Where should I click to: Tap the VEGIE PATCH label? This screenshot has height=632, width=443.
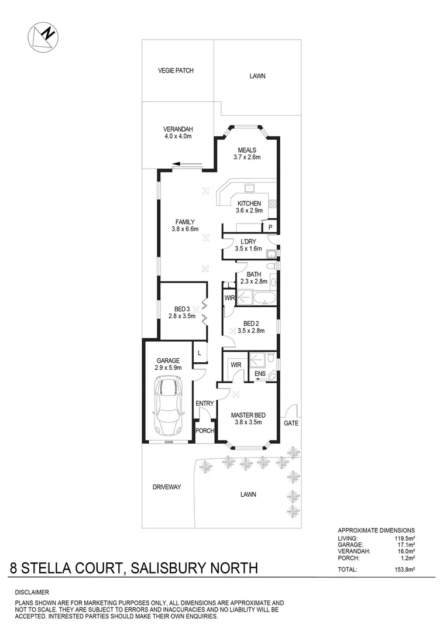(x=176, y=70)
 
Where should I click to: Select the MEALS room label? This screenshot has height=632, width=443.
(x=246, y=150)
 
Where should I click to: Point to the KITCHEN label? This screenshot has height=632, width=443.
(x=249, y=204)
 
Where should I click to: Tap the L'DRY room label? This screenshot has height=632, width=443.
(x=246, y=242)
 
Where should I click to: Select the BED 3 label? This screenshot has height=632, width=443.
(x=181, y=309)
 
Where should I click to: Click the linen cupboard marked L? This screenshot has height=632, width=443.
(x=200, y=353)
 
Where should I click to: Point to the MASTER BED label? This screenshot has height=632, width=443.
(x=246, y=415)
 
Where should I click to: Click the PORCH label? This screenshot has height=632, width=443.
(x=204, y=431)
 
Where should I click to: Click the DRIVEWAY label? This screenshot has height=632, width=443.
(x=166, y=487)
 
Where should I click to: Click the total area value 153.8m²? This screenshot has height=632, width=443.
(x=403, y=568)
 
